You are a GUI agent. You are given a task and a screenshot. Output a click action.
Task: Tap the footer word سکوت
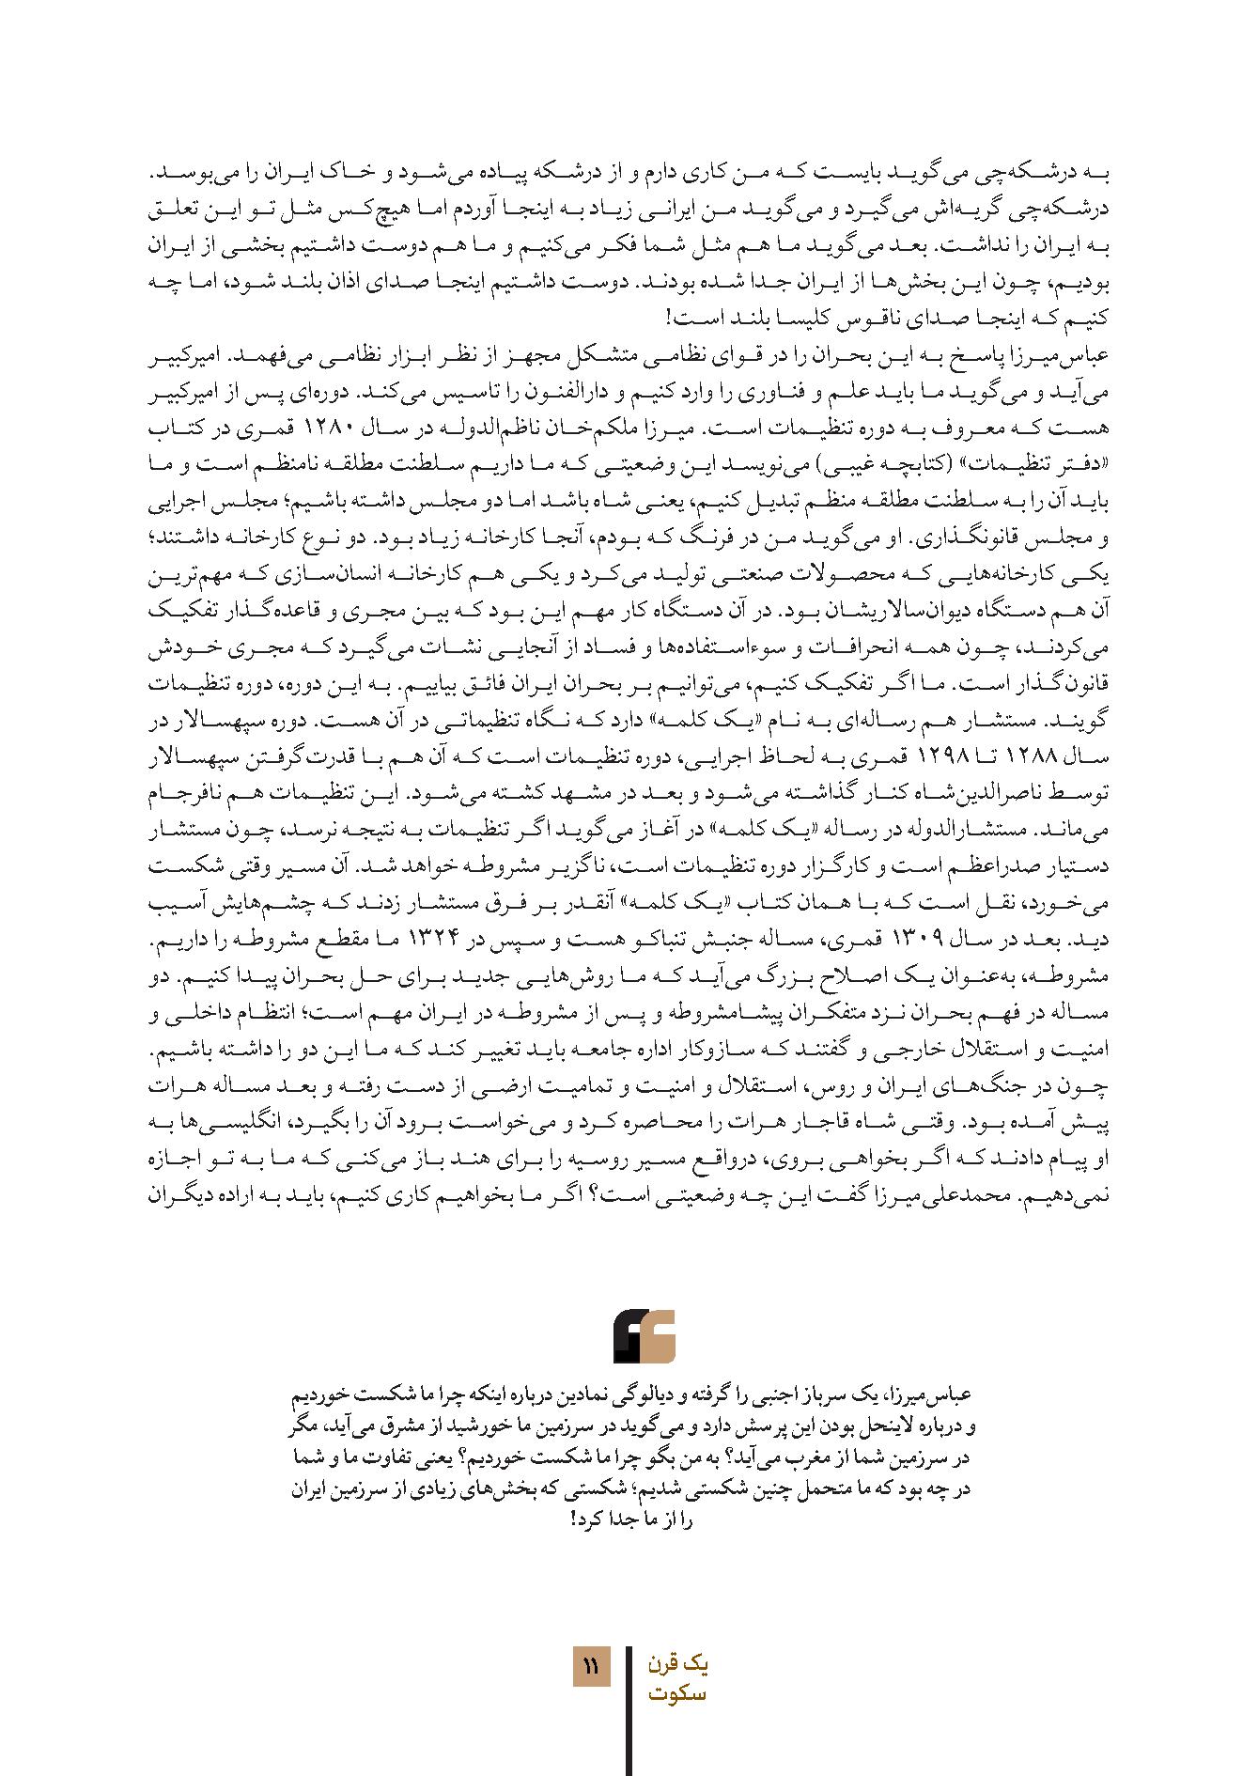pyautogui.click(x=677, y=1694)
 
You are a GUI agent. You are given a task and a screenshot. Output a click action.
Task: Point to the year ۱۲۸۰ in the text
pyautogui.click(x=985, y=428)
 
